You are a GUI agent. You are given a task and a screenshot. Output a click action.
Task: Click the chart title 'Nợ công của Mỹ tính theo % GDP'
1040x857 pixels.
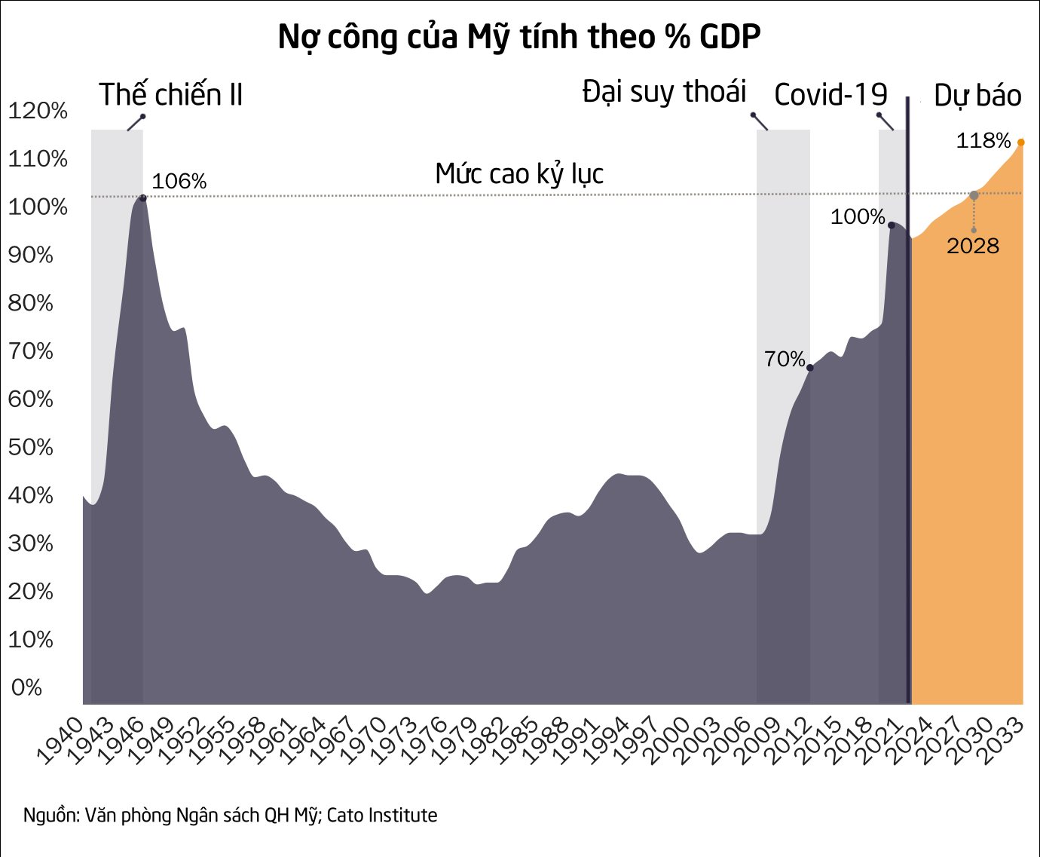point(519,37)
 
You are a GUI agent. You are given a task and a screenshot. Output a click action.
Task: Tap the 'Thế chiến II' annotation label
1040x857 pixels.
point(171,95)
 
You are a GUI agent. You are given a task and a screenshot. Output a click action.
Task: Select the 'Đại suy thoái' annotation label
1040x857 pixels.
point(664,92)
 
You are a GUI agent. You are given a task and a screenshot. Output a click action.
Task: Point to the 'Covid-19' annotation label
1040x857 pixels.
point(830,95)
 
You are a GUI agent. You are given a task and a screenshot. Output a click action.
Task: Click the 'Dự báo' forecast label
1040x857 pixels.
point(977,96)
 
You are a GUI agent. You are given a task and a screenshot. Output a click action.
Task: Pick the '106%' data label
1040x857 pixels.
point(179,182)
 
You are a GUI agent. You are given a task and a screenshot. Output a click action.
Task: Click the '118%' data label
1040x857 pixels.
point(983,141)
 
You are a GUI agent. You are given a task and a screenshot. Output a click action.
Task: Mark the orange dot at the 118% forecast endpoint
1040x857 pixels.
point(1021,142)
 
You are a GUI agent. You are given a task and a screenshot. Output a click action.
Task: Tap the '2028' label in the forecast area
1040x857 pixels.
point(973,246)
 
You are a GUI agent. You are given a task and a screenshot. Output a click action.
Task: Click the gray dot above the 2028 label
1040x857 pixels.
point(974,195)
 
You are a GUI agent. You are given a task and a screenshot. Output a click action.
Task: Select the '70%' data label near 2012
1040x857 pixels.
point(785,360)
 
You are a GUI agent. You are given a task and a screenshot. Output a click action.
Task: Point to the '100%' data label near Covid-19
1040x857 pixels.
point(858,217)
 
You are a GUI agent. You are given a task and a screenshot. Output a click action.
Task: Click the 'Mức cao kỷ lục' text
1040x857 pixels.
point(519,174)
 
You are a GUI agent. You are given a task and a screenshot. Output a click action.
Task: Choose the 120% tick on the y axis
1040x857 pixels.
point(38,112)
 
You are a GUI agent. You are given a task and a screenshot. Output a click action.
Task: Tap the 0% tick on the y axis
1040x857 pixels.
point(26,687)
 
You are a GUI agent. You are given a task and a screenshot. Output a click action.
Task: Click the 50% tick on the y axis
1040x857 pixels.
point(31,447)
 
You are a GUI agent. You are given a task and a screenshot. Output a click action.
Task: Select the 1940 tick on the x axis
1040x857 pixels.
point(61,742)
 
